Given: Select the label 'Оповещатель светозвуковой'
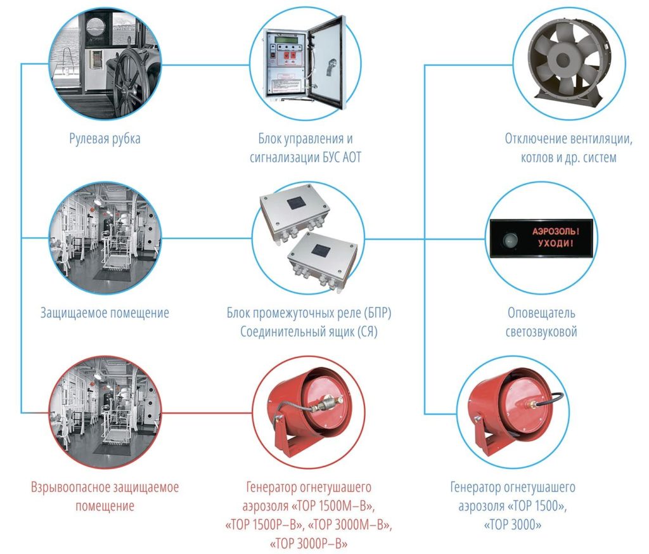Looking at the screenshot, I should click(542, 322).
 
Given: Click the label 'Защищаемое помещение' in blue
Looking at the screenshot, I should click(105, 313).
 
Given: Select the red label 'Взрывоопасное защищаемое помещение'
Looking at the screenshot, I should click(105, 496).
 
